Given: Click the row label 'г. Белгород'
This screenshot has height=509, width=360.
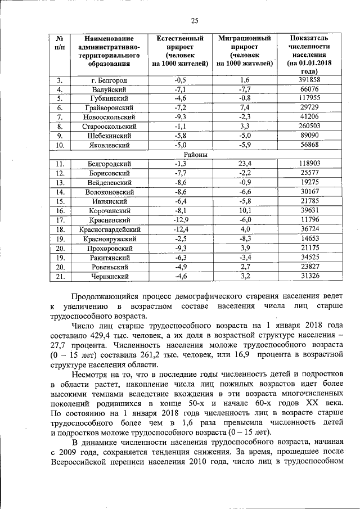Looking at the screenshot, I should (109, 80).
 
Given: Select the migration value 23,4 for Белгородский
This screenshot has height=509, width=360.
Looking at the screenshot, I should (244, 164).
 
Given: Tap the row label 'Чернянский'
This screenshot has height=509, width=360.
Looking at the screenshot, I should (109, 276).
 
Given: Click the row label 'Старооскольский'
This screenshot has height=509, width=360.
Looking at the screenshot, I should (109, 127).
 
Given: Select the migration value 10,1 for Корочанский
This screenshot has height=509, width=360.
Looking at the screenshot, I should (244, 210).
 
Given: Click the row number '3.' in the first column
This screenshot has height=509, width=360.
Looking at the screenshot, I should (60, 80).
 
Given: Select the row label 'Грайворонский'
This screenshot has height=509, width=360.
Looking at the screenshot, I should (109, 108).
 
